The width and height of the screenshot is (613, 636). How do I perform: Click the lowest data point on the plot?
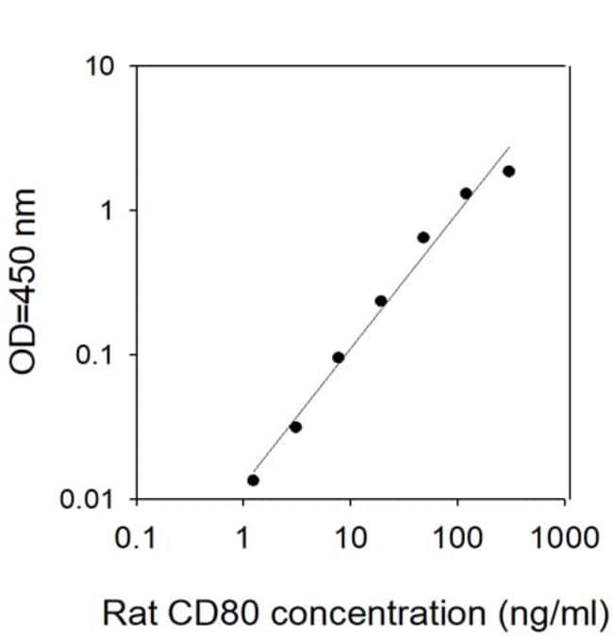253,480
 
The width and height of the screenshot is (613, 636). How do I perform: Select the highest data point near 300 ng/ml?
509,172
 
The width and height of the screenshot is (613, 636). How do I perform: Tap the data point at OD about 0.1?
339,358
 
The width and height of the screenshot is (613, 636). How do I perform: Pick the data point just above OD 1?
466,193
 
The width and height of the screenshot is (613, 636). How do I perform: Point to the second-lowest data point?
295,427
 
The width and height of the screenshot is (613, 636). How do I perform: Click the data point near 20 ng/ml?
381,301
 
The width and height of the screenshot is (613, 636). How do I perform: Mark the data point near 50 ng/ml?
423,238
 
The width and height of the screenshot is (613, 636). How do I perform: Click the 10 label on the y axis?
100,66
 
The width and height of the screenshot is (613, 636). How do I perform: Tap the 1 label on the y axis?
107,211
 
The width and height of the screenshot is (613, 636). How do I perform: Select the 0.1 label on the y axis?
93,356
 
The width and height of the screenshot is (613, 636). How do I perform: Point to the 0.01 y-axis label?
86,499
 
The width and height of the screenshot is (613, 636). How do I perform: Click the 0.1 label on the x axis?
136,538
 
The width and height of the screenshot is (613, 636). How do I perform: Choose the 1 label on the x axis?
242,538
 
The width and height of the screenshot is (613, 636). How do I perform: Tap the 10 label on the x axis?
351,538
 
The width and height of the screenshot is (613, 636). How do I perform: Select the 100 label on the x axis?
457,538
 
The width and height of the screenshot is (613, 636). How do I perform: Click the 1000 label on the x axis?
564,538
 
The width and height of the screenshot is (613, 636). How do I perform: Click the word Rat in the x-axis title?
130,612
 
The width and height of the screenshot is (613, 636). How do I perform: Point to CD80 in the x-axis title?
213,612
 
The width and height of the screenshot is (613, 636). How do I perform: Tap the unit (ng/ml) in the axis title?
554,614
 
